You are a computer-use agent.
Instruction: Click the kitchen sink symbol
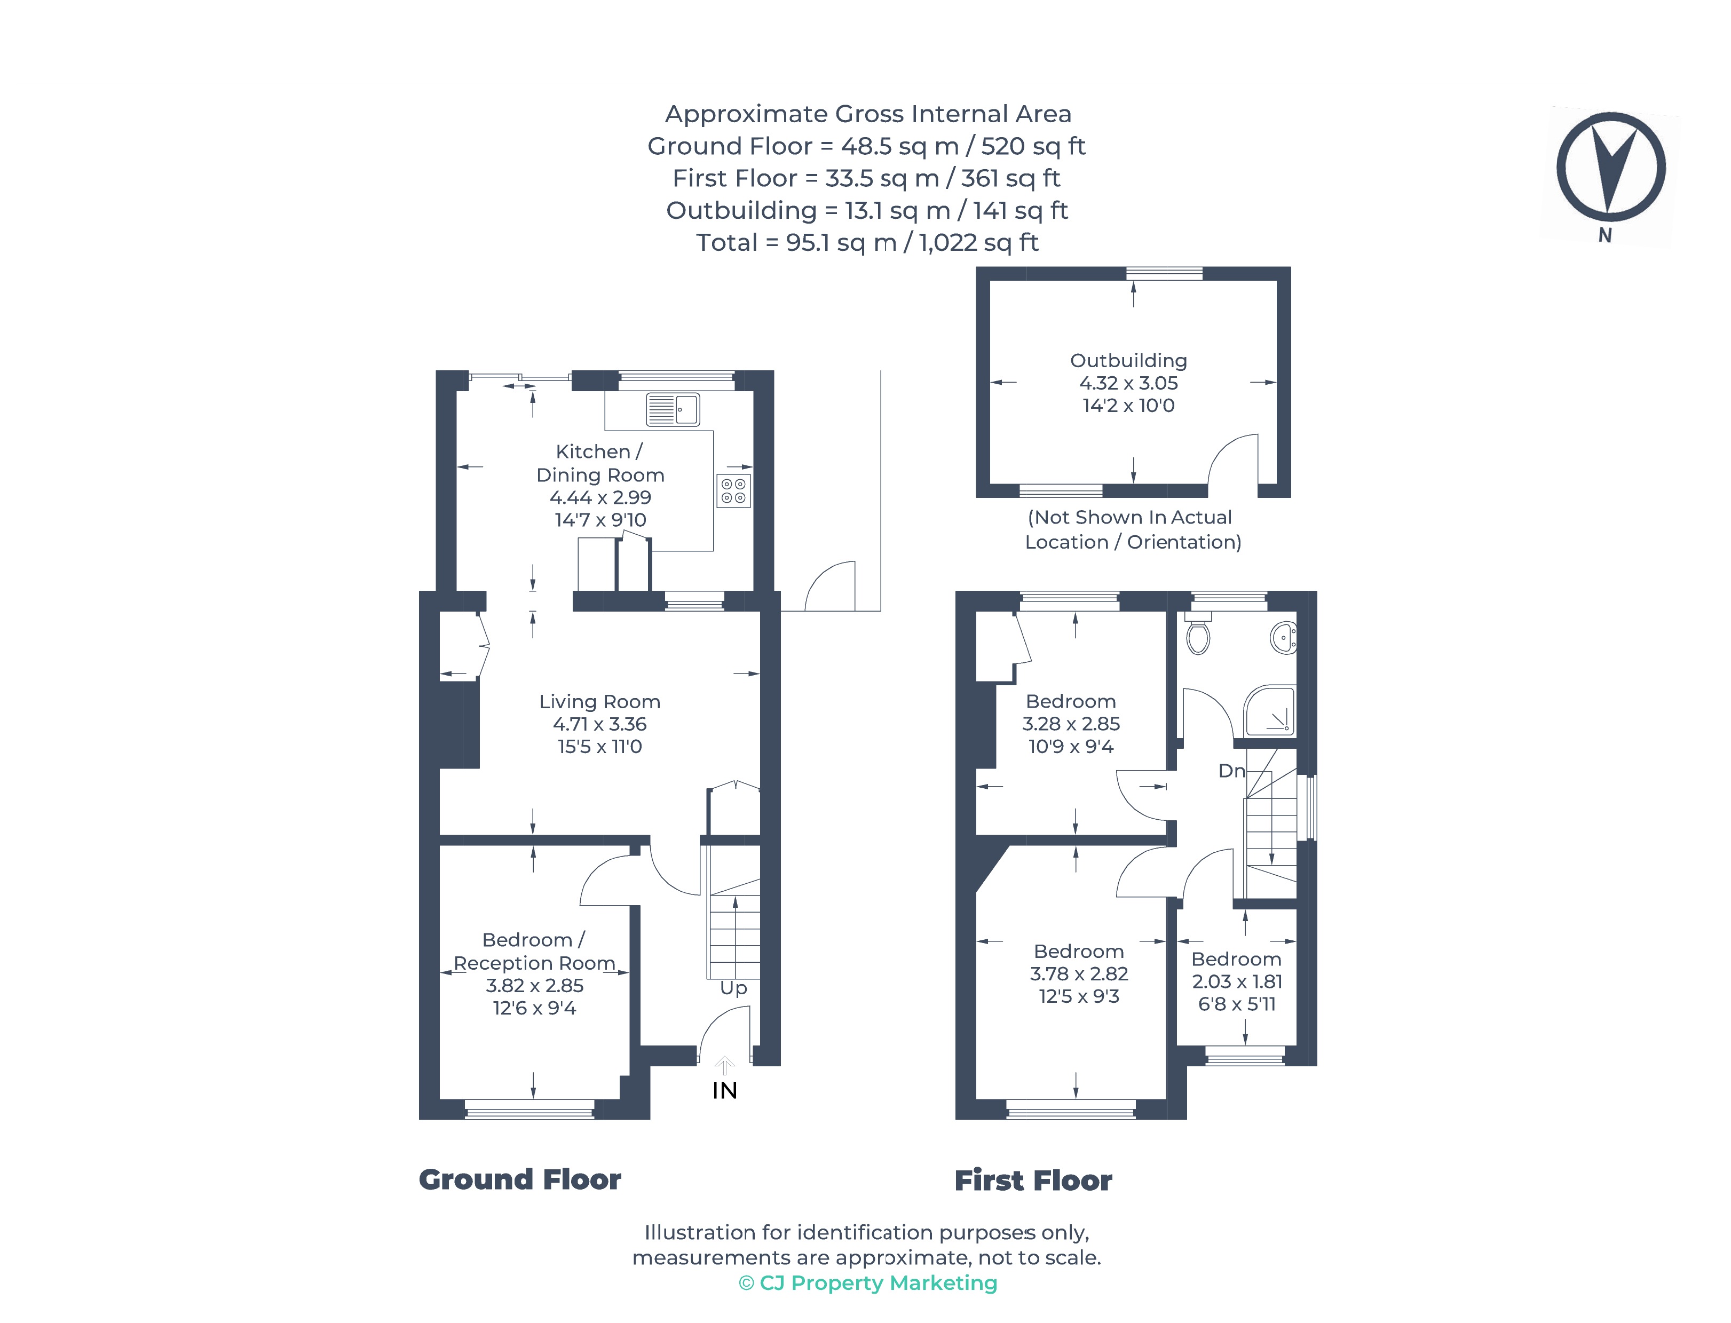[x=672, y=409]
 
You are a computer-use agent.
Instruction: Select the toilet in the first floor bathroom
[x=1197, y=636]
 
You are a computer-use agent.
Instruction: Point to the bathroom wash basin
[x=1284, y=636]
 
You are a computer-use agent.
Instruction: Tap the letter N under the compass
[x=1604, y=235]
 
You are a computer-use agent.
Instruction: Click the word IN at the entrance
[x=724, y=1090]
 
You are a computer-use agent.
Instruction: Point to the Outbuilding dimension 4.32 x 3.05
[x=1128, y=383]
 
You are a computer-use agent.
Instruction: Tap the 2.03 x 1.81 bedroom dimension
[x=1236, y=981]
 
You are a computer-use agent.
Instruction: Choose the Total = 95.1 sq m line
[x=866, y=242]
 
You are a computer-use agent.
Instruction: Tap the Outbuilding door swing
[x=1232, y=461]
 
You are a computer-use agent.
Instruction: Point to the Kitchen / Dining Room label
[x=599, y=463]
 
